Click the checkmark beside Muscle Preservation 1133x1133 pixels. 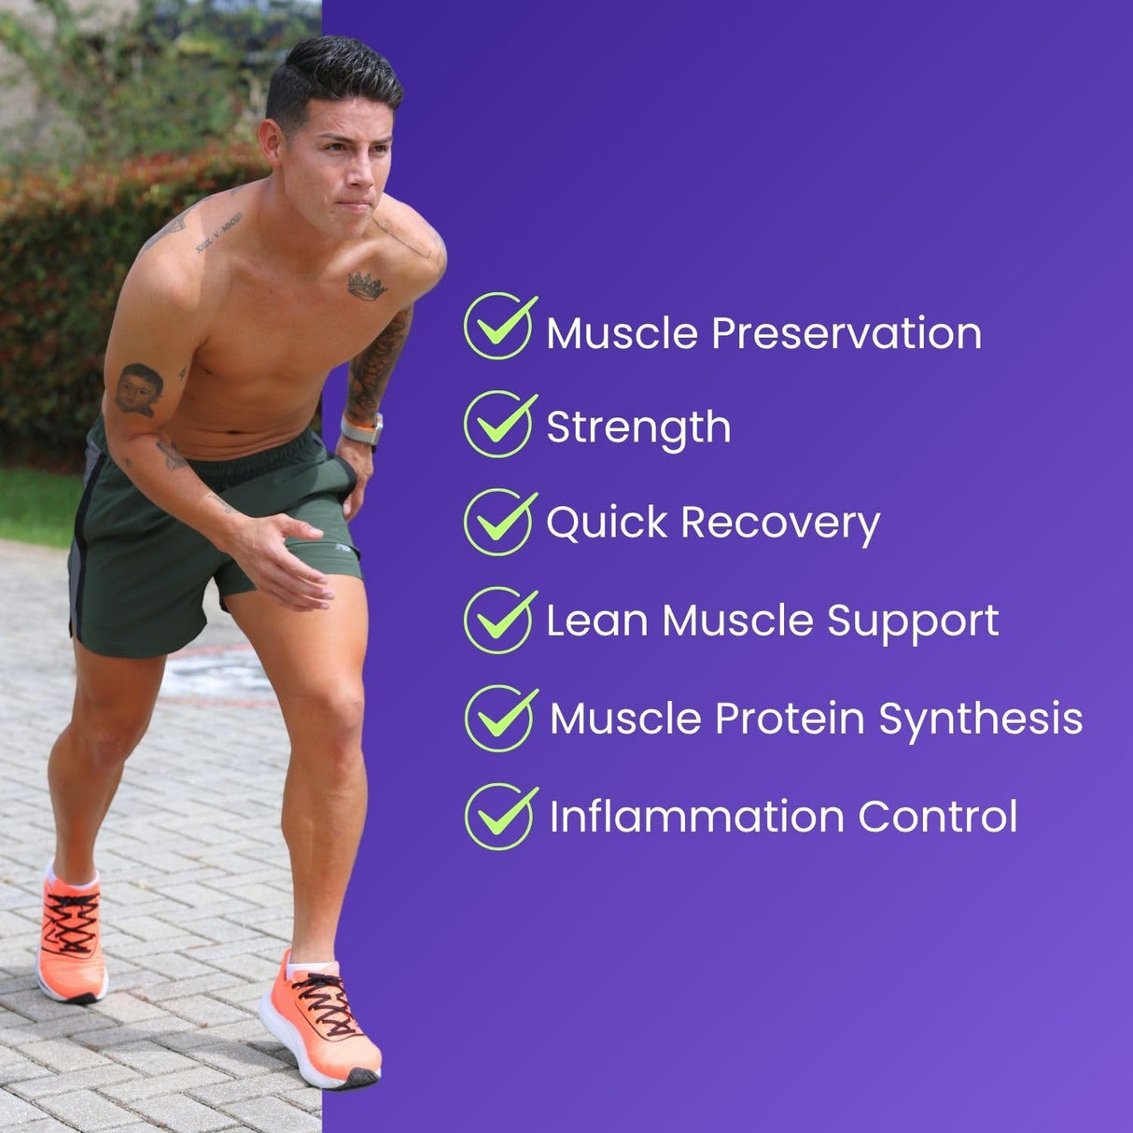499,326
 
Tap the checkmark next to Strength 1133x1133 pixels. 499,424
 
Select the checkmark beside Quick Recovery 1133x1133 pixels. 499,522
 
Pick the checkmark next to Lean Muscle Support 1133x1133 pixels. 499,620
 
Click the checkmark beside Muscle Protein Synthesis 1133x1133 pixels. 500,718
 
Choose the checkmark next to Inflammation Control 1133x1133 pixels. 500,816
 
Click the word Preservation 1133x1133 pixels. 846,333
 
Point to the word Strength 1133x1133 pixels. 638,428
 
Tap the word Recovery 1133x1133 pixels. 779,524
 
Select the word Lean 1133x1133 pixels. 596,621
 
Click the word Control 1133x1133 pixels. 937,817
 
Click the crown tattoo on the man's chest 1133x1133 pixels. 367,287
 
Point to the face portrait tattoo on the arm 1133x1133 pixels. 139,389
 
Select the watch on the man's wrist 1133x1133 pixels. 362,430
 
